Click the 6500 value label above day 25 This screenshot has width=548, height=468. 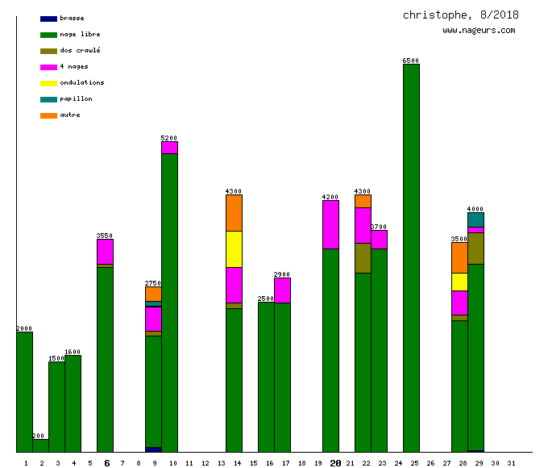pos(411,61)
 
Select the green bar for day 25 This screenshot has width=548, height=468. pos(411,258)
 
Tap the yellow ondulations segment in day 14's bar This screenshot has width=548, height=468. pos(234,249)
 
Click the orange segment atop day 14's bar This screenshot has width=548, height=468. pos(234,213)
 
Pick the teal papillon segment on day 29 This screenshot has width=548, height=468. pos(475,219)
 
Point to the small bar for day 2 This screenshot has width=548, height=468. pos(40,445)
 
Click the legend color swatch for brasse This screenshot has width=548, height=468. pos(48,19)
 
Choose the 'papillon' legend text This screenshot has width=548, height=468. pos(76,98)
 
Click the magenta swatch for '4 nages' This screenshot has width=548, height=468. pos(48,67)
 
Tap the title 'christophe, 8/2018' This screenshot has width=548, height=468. pos(461,15)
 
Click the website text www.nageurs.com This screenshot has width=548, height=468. pos(479,31)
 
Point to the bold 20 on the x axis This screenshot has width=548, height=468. pos(335,463)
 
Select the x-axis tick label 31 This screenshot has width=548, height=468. pos(511,463)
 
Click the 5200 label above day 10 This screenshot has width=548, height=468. pos(169,138)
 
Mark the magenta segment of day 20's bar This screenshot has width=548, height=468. pos(330,224)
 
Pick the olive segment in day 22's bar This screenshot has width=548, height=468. pos(363,258)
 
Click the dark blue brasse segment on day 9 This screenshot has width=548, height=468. pos(153,449)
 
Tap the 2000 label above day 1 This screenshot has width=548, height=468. pos(24,328)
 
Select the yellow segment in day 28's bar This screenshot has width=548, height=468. pos(459,282)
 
